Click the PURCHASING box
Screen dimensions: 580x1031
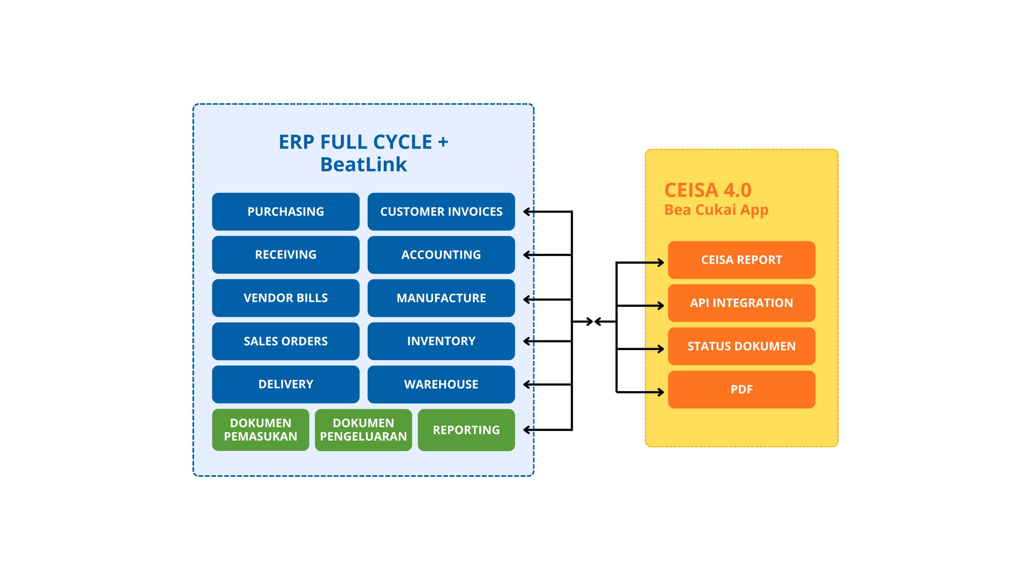(286, 211)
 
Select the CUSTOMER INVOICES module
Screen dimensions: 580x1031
(441, 211)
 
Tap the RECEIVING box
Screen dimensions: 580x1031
(286, 255)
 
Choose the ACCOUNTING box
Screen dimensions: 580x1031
(441, 255)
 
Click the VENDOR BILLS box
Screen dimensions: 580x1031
(286, 298)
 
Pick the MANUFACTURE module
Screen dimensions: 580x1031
(441, 298)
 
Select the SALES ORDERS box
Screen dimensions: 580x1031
(286, 341)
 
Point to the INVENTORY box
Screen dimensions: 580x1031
(441, 341)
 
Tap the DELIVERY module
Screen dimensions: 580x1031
(286, 384)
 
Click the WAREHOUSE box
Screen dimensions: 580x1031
(441, 384)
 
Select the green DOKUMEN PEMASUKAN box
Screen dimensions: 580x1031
(261, 430)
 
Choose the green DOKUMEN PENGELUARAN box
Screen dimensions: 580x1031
(363, 430)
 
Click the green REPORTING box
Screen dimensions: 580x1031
(466, 430)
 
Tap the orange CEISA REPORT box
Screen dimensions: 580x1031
(741, 260)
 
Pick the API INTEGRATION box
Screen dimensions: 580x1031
(741, 303)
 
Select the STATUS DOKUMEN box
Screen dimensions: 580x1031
(741, 346)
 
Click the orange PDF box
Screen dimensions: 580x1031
(741, 389)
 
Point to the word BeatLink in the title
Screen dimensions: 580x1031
(364, 164)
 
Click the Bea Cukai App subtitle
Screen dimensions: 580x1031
(716, 210)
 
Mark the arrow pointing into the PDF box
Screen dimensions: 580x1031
(654, 392)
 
